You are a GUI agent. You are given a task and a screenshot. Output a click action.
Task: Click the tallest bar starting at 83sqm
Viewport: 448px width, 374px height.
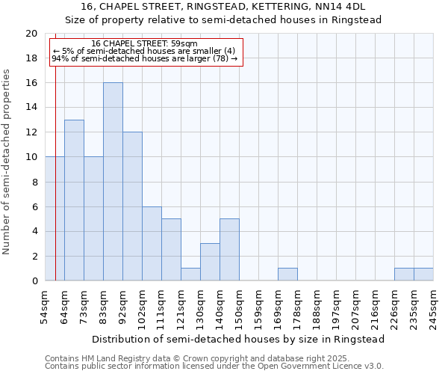[113, 182]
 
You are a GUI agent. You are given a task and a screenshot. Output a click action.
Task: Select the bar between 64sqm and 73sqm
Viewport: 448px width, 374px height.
[74, 200]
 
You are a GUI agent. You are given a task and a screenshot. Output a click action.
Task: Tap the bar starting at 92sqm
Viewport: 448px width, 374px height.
[132, 206]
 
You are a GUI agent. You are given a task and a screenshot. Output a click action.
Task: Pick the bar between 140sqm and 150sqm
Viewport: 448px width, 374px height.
[229, 250]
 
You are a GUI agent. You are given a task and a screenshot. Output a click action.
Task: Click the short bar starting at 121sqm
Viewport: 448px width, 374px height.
[190, 275]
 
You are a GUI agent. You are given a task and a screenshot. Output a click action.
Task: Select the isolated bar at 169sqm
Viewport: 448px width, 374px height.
[287, 275]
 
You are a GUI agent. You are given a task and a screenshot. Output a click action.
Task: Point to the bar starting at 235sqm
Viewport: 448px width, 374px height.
[423, 275]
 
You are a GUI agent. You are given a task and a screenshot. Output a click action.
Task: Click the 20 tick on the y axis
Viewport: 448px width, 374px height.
[31, 34]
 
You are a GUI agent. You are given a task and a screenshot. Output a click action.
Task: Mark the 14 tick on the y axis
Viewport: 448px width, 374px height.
[31, 108]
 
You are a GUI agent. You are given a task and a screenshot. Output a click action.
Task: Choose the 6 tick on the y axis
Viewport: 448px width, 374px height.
[34, 206]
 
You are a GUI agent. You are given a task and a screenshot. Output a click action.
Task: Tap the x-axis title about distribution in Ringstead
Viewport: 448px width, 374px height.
[239, 339]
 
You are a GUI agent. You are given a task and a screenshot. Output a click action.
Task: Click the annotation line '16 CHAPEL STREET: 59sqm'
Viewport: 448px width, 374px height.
[144, 44]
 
